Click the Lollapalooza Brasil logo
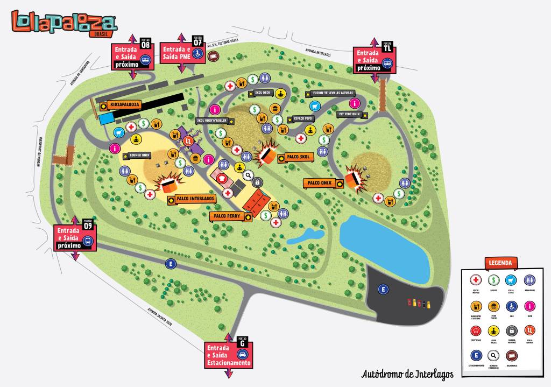[x=64, y=23]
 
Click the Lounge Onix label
[x=139, y=156]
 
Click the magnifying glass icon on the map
[x=249, y=175]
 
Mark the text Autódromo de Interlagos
[x=407, y=374]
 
